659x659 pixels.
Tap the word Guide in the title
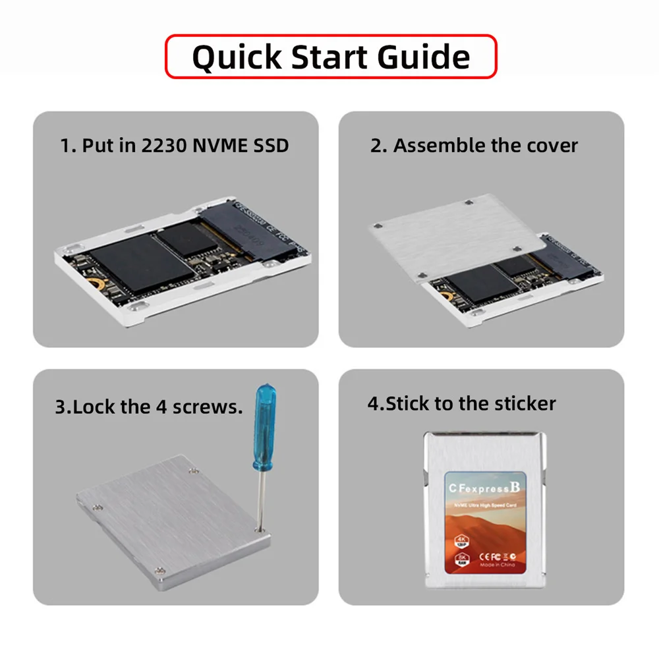[424, 57]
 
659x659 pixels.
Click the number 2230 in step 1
[165, 146]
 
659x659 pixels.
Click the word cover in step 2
[552, 146]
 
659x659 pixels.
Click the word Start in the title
[330, 57]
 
